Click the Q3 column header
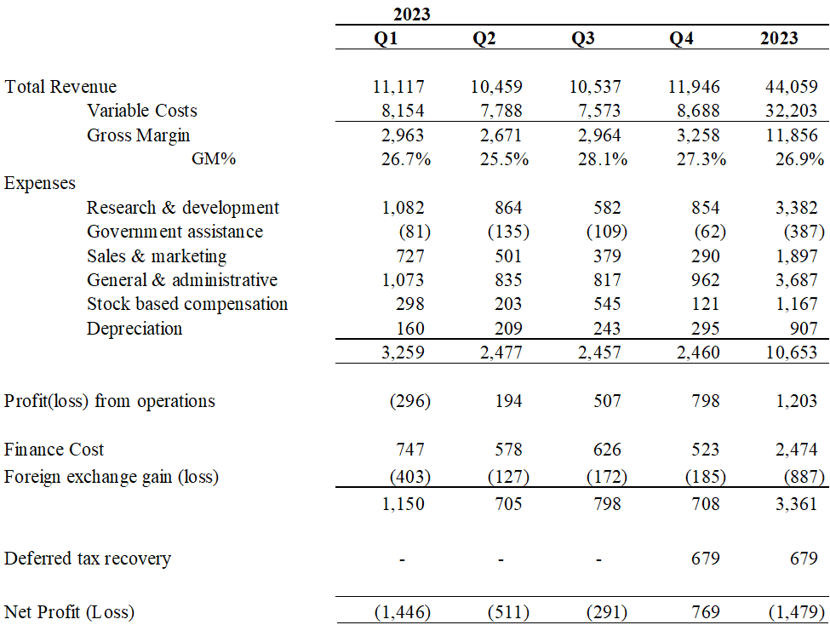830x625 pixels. tap(582, 38)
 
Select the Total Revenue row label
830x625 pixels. tap(61, 87)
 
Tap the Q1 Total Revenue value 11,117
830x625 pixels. tap(398, 87)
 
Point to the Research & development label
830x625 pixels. tap(183, 208)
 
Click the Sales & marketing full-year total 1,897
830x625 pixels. tap(798, 256)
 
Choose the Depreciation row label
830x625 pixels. tap(135, 329)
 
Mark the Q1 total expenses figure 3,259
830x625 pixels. tap(398, 353)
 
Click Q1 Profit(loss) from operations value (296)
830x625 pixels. tap(409, 401)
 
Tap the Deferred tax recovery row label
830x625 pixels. tap(88, 559)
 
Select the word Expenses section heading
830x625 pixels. tap(40, 183)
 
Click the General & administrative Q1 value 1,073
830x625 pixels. tap(398, 280)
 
